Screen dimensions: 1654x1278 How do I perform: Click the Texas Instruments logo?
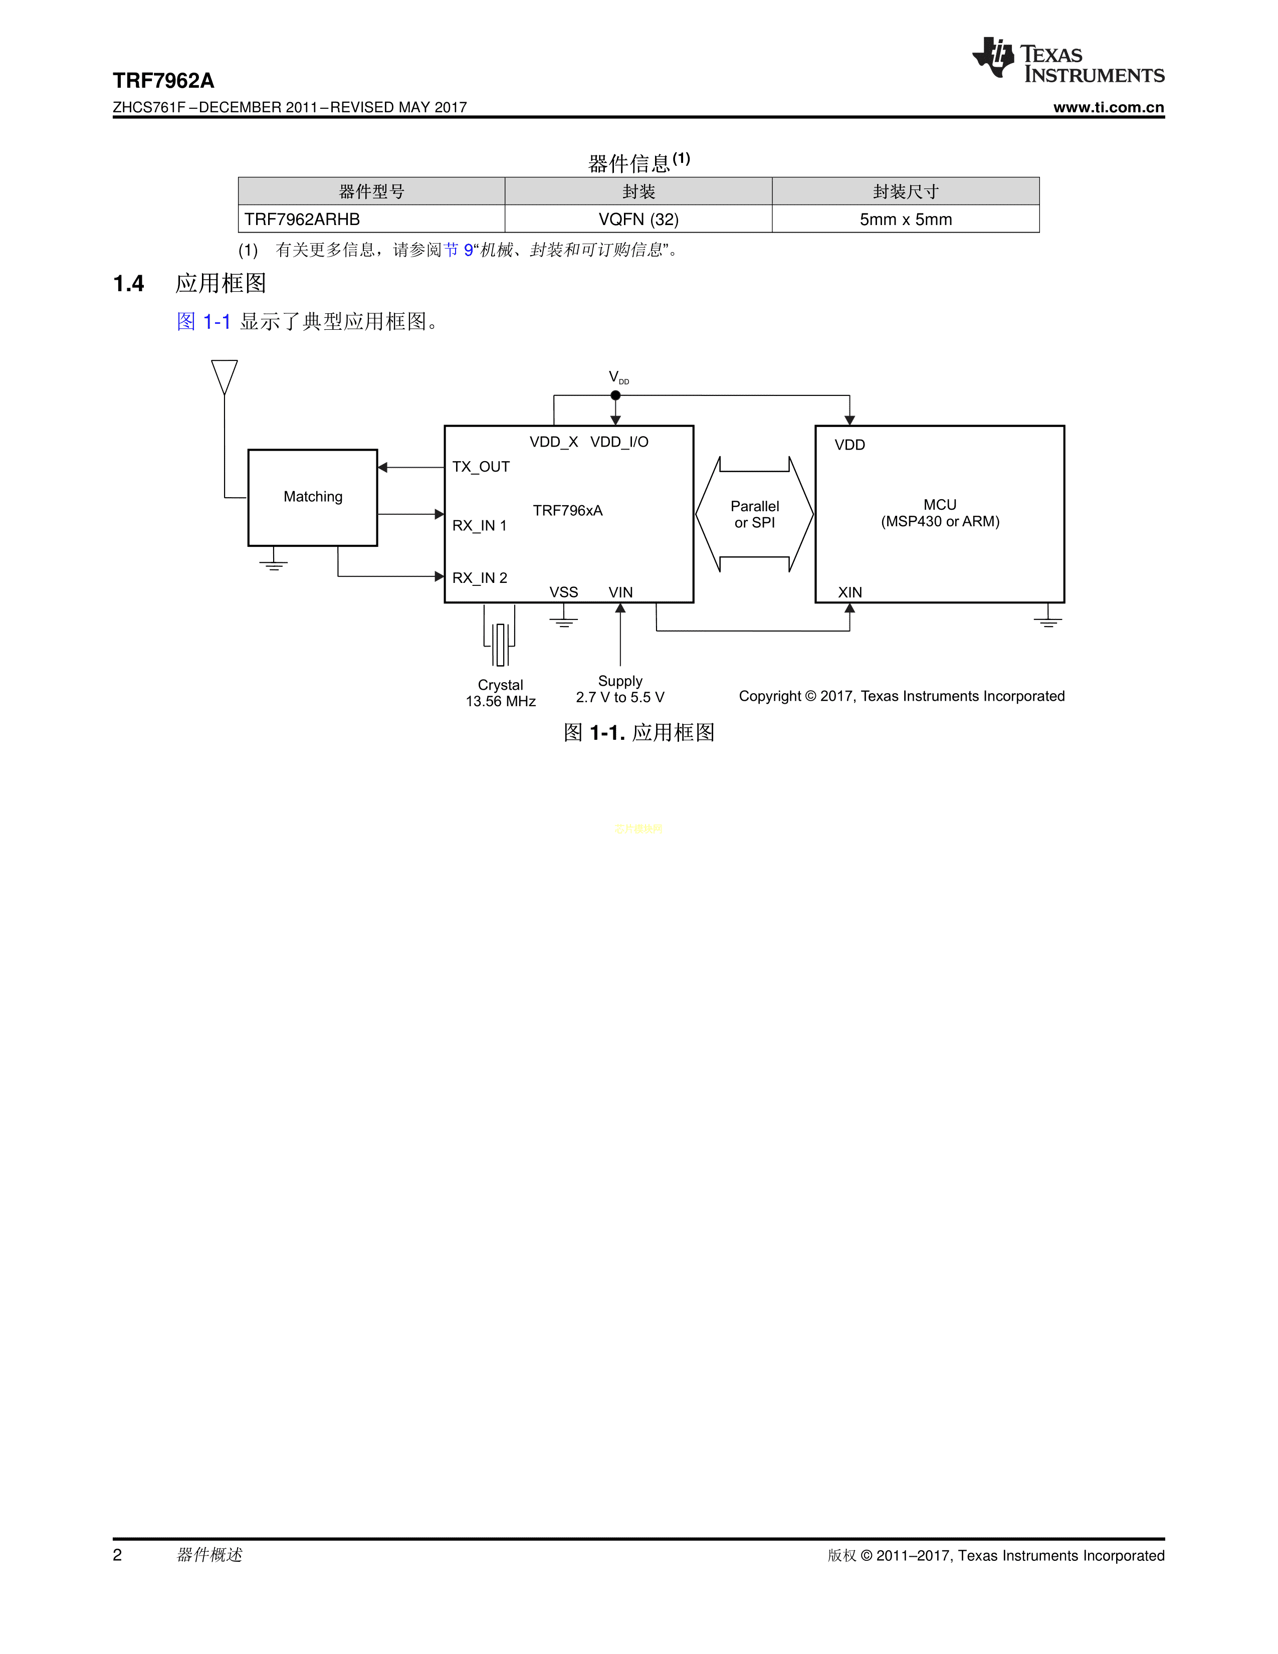coord(1068,60)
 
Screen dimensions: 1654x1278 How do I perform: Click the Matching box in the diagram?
coord(313,497)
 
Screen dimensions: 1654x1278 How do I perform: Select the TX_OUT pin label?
coord(481,467)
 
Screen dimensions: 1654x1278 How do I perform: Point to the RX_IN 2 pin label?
coord(479,578)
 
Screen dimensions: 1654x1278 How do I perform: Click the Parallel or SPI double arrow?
coord(754,514)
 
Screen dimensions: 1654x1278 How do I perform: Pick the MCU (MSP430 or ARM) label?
coord(940,513)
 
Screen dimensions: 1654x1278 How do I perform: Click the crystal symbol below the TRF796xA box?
coord(500,644)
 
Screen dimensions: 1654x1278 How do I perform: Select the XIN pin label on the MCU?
coord(849,592)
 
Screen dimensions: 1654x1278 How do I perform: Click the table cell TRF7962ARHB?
coord(302,219)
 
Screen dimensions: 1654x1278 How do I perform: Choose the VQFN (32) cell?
coord(638,219)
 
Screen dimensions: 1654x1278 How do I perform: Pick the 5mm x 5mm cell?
coord(906,219)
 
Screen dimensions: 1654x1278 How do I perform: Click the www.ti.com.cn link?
coord(1109,108)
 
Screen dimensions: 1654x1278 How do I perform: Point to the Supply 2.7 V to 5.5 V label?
coord(620,689)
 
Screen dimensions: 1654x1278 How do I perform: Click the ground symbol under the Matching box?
coord(273,563)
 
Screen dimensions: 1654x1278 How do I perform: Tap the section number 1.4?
coord(129,284)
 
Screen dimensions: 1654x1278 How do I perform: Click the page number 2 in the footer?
coord(117,1555)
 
